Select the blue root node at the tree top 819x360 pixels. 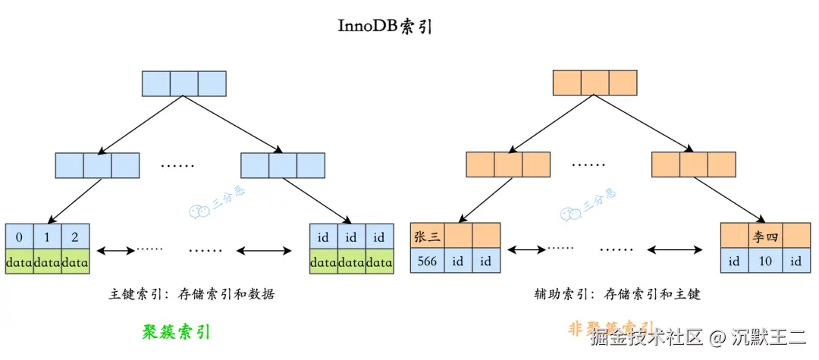pyautogui.click(x=184, y=83)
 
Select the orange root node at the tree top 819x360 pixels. pyautogui.click(x=595, y=83)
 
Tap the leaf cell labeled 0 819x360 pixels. pyautogui.click(x=19, y=237)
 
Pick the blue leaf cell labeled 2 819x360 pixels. pyautogui.click(x=76, y=237)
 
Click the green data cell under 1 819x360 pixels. pyautogui.click(x=47, y=262)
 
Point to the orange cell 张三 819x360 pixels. pyautogui.click(x=427, y=236)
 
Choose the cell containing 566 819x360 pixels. pyautogui.click(x=427, y=261)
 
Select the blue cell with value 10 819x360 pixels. pyautogui.click(x=766, y=261)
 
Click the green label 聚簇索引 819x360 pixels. pyautogui.click(x=176, y=332)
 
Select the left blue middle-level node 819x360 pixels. pyautogui.click(x=97, y=165)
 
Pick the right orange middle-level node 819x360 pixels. pyautogui.click(x=693, y=164)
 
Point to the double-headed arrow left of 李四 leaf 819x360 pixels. pyautogui.click(x=675, y=249)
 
